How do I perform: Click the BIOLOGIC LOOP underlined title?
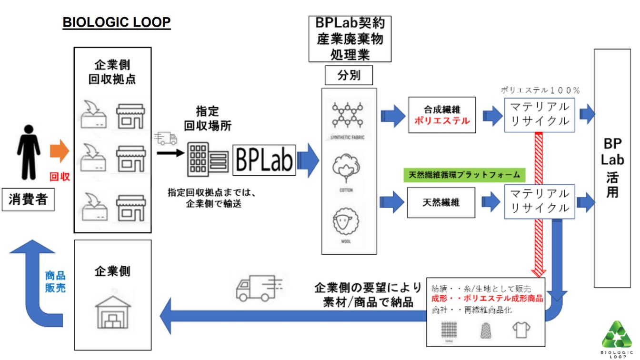pos(117,23)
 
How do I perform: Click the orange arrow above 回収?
pos(60,151)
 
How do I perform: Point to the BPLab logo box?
pos(264,160)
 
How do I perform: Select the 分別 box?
pos(349,75)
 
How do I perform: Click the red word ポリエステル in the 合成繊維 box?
pos(442,121)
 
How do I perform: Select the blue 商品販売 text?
pos(55,281)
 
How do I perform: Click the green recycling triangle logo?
pos(617,335)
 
